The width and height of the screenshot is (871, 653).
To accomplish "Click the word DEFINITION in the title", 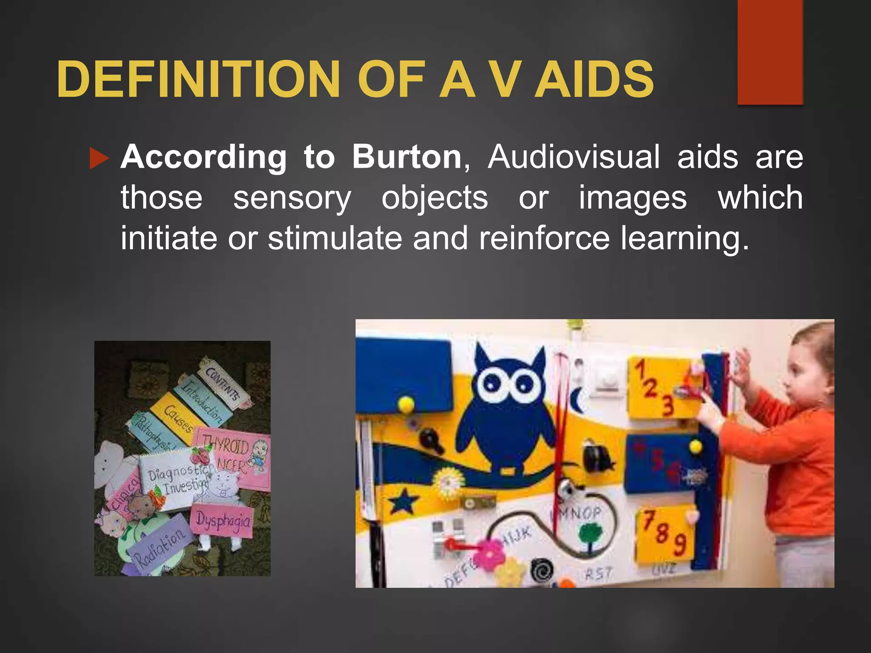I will pos(198,79).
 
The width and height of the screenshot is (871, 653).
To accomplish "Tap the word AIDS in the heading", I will pos(594,79).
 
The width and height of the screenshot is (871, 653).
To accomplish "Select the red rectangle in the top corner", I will pos(770,52).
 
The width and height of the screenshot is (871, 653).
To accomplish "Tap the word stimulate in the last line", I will pos(335,238).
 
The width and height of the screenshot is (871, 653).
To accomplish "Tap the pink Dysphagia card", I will pos(222,520).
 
